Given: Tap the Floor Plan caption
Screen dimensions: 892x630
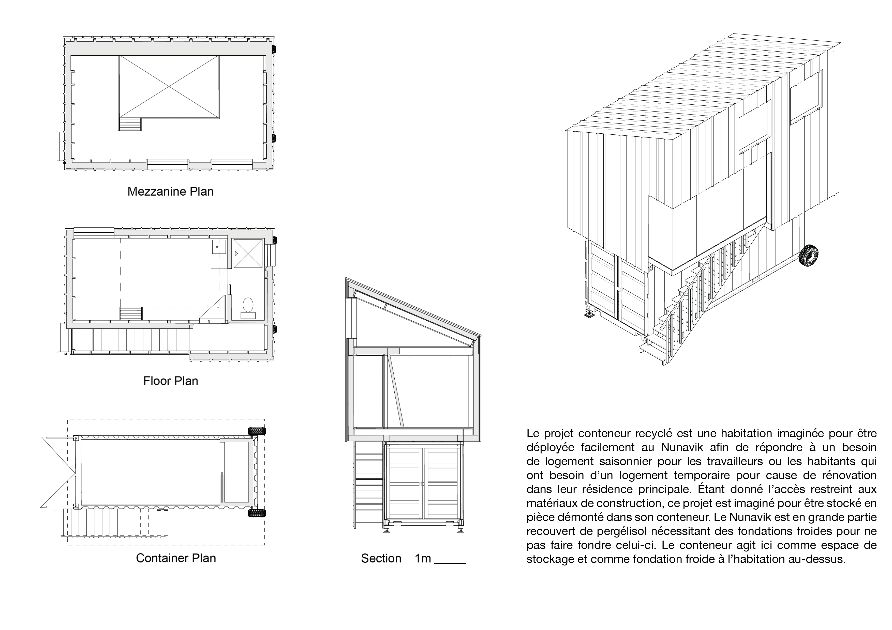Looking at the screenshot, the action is coord(171,381).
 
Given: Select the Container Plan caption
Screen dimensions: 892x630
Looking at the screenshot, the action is coord(176,558).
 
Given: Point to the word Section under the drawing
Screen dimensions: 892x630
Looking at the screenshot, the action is coord(381,558).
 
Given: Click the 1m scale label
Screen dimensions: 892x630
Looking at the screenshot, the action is coord(423,558).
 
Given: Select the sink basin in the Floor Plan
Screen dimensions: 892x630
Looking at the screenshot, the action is coord(219,246).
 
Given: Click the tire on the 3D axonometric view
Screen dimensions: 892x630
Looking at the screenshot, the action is coord(809,255).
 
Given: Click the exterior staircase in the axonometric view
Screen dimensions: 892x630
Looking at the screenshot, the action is coord(699,299).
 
